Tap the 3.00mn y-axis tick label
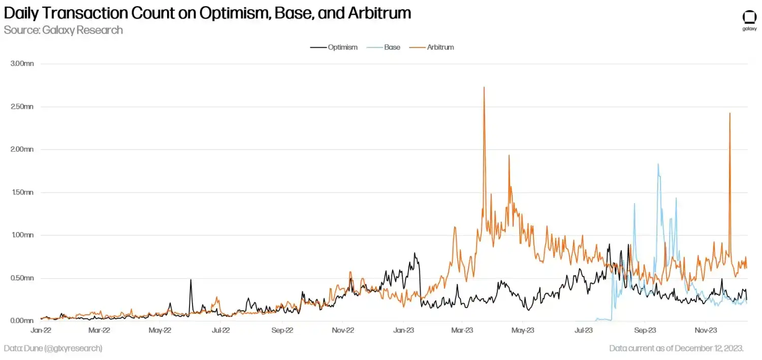[22, 64]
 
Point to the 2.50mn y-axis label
[22, 107]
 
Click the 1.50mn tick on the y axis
[22, 192]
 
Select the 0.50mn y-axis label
[22, 278]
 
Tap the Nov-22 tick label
[343, 330]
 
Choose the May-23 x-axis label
[523, 330]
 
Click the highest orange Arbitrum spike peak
[484, 87]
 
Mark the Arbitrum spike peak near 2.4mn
[730, 113]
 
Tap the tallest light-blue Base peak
[658, 164]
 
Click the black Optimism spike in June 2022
[190, 280]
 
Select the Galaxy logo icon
[749, 17]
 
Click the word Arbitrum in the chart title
[379, 13]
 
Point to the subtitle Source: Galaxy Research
[63, 30]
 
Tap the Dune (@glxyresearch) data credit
[53, 348]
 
